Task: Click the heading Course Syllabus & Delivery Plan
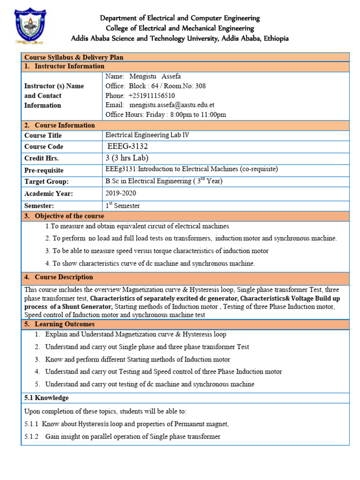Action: click(74, 57)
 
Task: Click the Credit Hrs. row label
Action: click(41, 158)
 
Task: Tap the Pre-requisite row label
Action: click(44, 170)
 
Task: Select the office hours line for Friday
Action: click(166, 114)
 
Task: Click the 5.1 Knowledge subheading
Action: click(46, 397)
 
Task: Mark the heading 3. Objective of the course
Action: click(64, 216)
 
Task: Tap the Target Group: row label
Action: click(46, 181)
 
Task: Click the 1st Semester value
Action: click(123, 205)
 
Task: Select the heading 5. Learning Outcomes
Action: click(59, 324)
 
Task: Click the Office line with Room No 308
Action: click(156, 86)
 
